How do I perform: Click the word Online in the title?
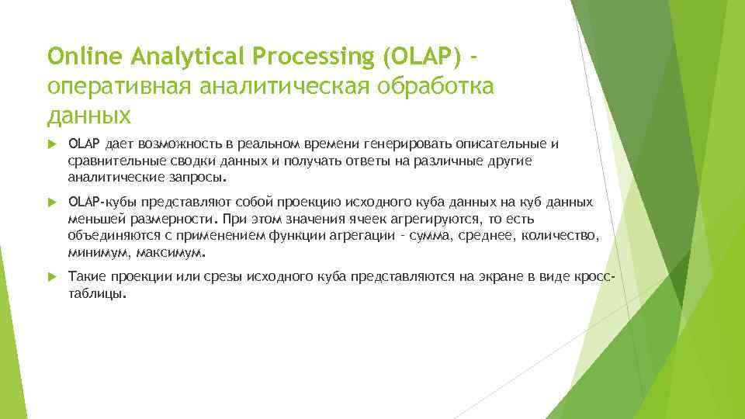78,57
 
